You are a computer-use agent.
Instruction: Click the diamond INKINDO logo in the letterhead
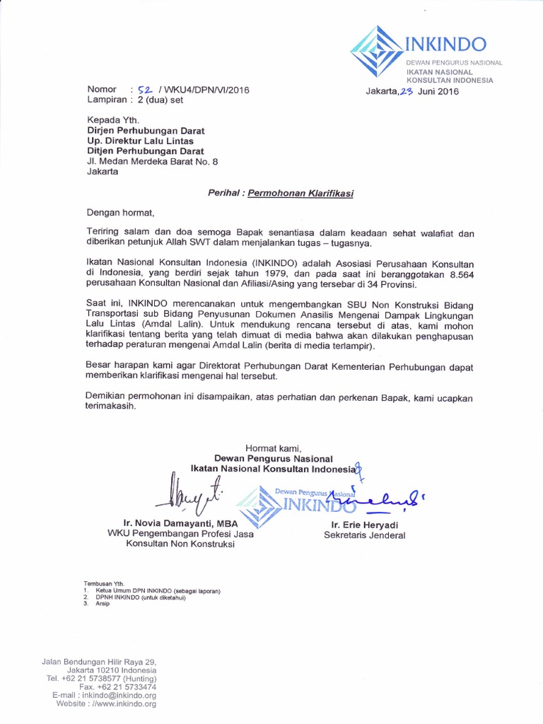(378, 51)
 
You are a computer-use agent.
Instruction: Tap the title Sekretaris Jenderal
(365, 535)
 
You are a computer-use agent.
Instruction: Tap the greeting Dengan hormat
(120, 212)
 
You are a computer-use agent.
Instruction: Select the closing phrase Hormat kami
(274, 448)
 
